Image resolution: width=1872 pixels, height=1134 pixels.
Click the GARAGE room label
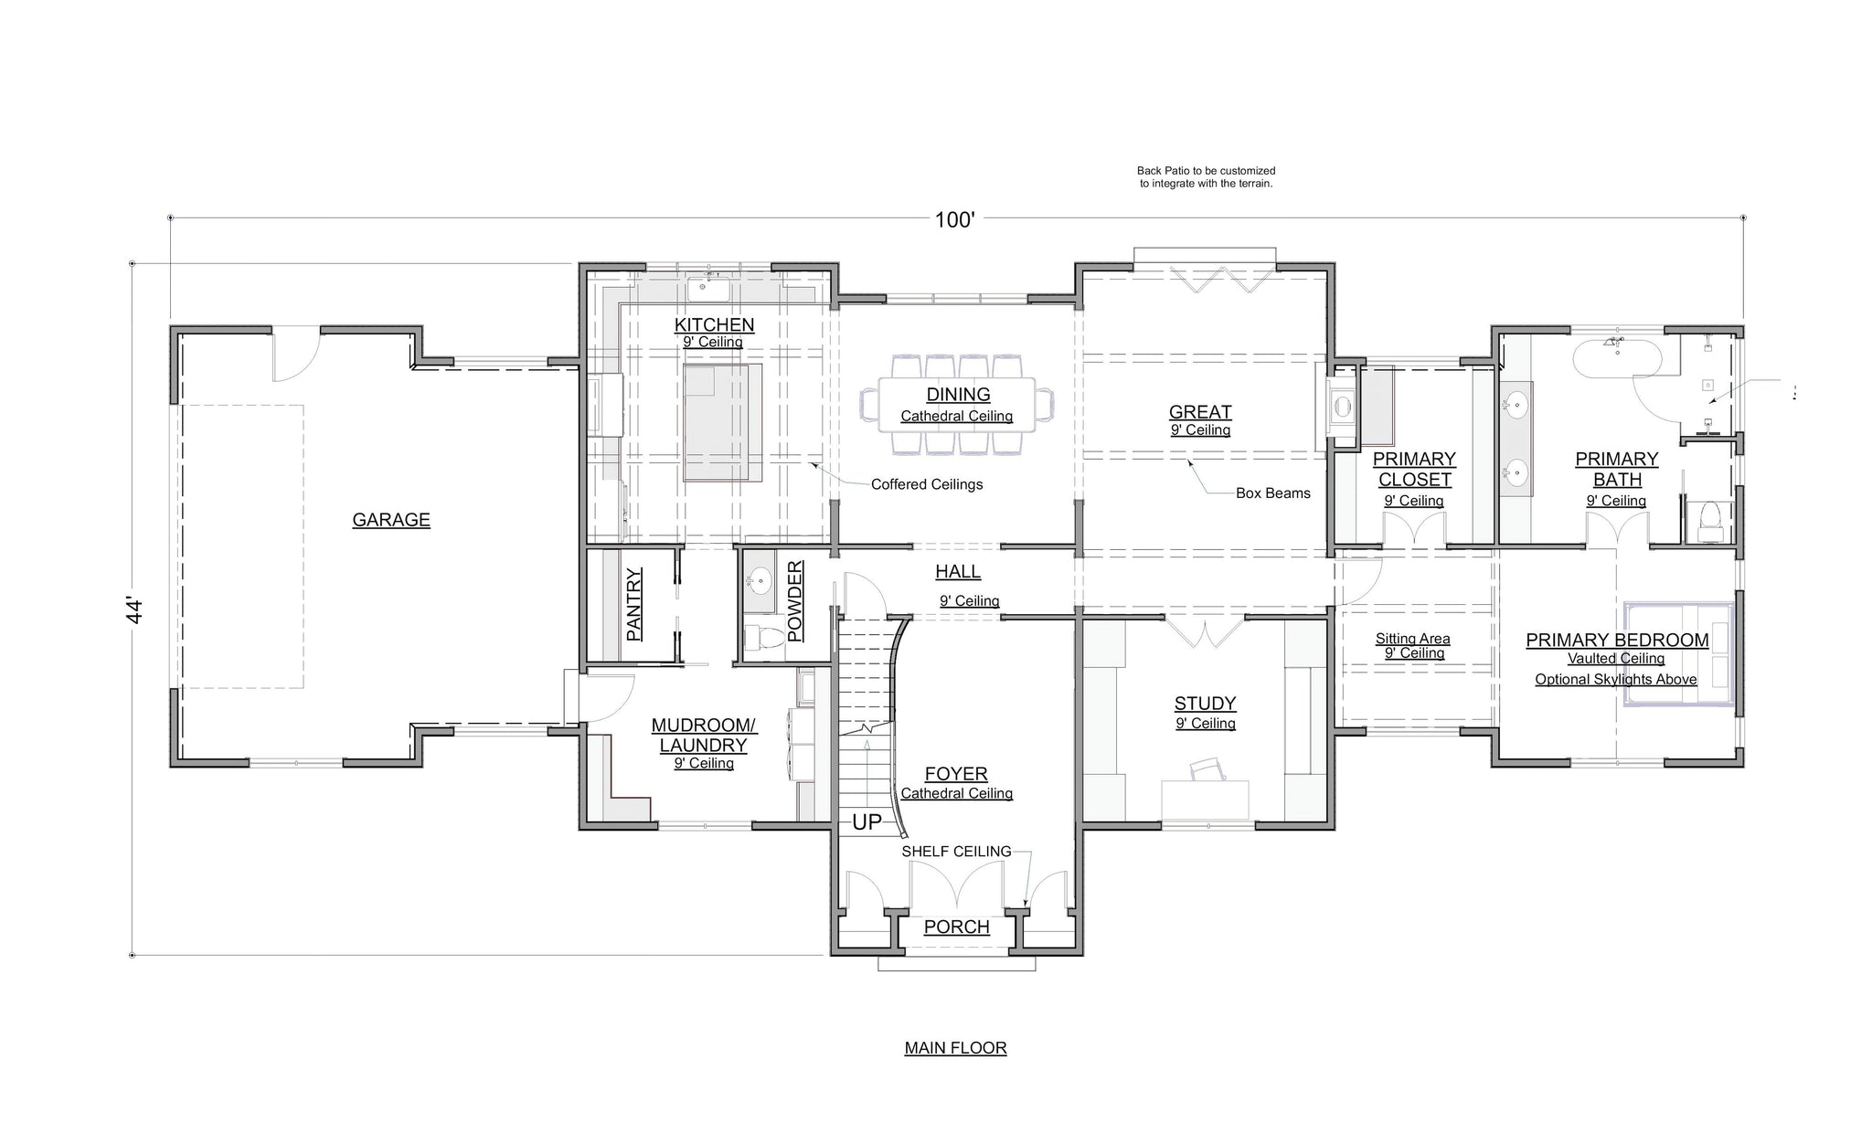pyautogui.click(x=391, y=520)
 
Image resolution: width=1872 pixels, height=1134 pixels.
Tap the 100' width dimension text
pyautogui.click(x=954, y=219)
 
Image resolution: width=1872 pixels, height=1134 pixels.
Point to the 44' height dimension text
pyautogui.click(x=135, y=610)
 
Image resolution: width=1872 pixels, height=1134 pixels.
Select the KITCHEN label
pyautogui.click(x=714, y=324)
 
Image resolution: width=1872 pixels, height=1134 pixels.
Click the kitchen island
pyautogui.click(x=722, y=422)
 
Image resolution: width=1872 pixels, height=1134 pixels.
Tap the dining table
pyautogui.click(x=956, y=405)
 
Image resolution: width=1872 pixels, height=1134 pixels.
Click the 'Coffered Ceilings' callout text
pyautogui.click(x=927, y=484)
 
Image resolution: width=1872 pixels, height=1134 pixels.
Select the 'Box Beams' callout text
pyautogui.click(x=1273, y=493)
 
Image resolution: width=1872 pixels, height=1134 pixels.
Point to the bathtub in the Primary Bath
pyautogui.click(x=1615, y=357)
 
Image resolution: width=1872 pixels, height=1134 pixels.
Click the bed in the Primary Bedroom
pyautogui.click(x=1678, y=654)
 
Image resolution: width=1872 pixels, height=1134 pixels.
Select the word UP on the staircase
pyautogui.click(x=867, y=822)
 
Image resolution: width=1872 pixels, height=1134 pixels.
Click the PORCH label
pyautogui.click(x=956, y=927)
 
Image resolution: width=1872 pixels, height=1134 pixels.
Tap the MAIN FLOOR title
pyautogui.click(x=955, y=1048)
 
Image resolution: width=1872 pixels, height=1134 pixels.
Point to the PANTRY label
pyautogui.click(x=634, y=604)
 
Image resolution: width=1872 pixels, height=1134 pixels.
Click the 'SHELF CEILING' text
pyautogui.click(x=956, y=852)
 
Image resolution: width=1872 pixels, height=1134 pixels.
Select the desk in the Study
pyautogui.click(x=1205, y=800)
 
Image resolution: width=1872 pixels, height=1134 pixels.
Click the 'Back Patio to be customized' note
pyautogui.click(x=1206, y=171)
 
